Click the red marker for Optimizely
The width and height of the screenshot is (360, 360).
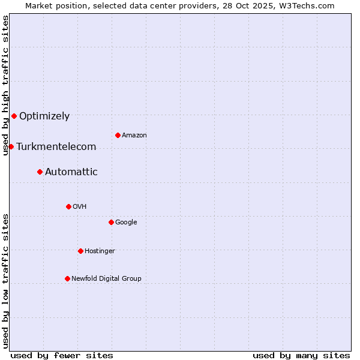(x=14, y=116)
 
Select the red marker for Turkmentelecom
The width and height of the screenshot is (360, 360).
(x=11, y=146)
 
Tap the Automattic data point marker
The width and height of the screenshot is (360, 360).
(x=40, y=172)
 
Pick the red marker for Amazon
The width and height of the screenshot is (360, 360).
(x=118, y=135)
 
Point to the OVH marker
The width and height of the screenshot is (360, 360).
(x=68, y=206)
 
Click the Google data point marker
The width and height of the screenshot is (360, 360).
(x=111, y=222)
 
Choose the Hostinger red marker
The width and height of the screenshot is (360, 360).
(x=80, y=251)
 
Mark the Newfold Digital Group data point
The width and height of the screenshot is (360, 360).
(x=67, y=278)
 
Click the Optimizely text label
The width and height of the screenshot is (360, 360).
(x=44, y=116)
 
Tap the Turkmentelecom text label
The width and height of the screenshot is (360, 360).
(x=56, y=147)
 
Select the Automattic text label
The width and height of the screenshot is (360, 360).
(x=71, y=172)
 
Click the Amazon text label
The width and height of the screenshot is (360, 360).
(x=134, y=136)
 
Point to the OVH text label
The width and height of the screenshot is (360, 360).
(x=80, y=207)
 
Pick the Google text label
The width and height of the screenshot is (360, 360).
(x=126, y=223)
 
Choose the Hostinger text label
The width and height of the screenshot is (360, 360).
(x=100, y=251)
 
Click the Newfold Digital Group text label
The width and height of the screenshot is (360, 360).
(x=106, y=279)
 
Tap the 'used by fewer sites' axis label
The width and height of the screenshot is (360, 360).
(x=62, y=355)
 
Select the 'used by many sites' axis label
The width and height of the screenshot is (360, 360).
(x=301, y=355)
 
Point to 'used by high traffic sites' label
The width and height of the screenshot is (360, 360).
(x=5, y=85)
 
